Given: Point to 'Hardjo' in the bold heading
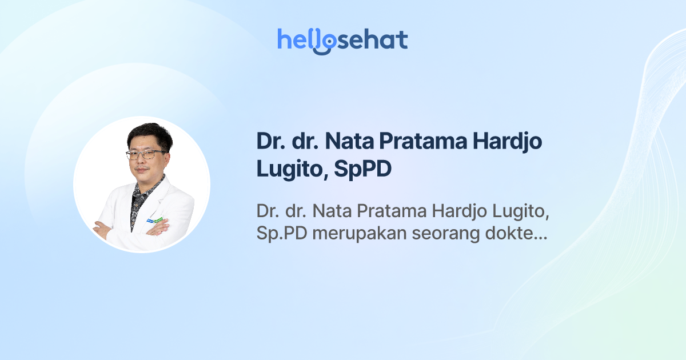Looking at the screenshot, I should [510, 142].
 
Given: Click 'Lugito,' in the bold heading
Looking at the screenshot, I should [288, 170].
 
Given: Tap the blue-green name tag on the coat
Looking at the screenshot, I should [154, 220].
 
